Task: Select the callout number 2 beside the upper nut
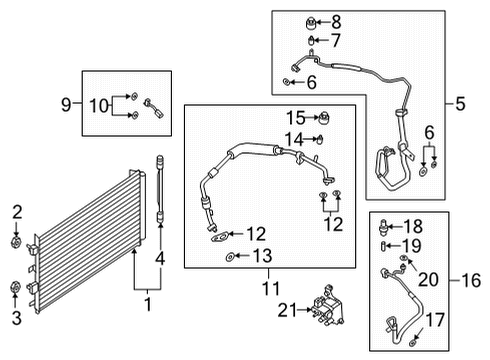pyautogui.click(x=17, y=210)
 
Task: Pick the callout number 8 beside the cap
pyautogui.click(x=335, y=20)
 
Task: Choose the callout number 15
pyautogui.click(x=295, y=117)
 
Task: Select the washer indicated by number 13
pyautogui.click(x=231, y=259)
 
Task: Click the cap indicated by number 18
pyautogui.click(x=387, y=225)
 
